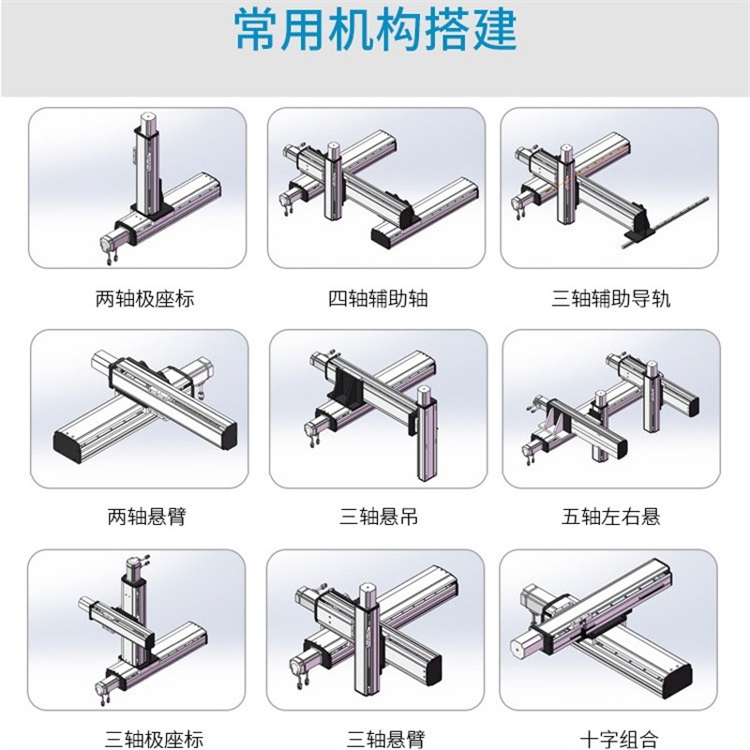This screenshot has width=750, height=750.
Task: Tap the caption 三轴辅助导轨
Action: click(x=610, y=299)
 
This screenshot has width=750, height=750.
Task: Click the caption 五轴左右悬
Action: click(x=610, y=516)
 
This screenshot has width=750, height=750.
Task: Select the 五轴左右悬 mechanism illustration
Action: click(x=610, y=408)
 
